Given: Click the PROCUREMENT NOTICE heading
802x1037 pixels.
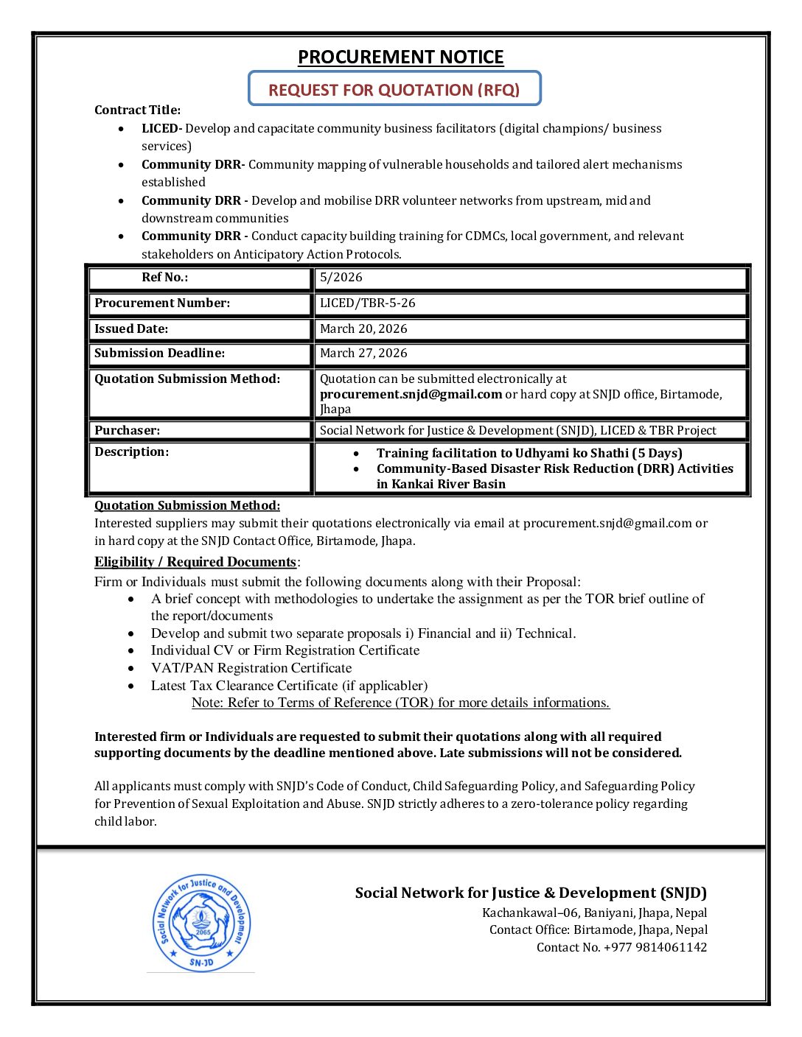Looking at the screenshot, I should pyautogui.click(x=400, y=57).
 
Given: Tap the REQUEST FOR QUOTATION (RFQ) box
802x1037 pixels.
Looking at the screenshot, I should pyautogui.click(x=394, y=89).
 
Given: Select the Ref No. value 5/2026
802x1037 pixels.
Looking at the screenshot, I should pyautogui.click(x=341, y=278).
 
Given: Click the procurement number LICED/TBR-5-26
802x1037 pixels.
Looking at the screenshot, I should pyautogui.click(x=367, y=303).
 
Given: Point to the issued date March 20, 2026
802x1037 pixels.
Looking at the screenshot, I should pyautogui.click(x=363, y=328).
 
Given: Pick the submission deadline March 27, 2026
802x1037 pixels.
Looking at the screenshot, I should pyautogui.click(x=363, y=353).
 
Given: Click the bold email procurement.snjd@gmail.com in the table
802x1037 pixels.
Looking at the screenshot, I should pyautogui.click(x=411, y=394).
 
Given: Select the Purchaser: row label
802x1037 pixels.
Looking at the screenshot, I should pyautogui.click(x=127, y=430).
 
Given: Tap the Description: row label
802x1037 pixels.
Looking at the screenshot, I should pyautogui.click(x=131, y=451).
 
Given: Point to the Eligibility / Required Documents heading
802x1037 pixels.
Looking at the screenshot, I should pyautogui.click(x=195, y=562).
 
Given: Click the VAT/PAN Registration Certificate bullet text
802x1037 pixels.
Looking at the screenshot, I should pyautogui.click(x=251, y=668).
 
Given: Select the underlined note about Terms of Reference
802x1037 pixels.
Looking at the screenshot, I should pyautogui.click(x=400, y=703).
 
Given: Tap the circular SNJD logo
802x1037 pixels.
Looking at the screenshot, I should pyautogui.click(x=201, y=923).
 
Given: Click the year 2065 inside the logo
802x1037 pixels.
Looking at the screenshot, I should pyautogui.click(x=203, y=932).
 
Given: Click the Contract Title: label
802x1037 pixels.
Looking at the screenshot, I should pyautogui.click(x=137, y=110).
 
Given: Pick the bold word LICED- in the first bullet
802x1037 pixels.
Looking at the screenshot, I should pyautogui.click(x=161, y=128).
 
